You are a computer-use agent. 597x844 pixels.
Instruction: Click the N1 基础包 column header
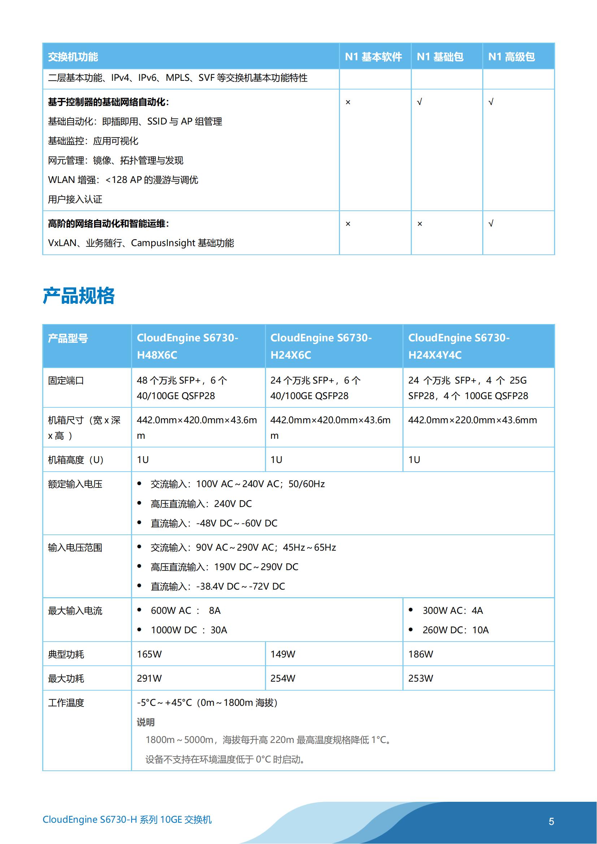440,57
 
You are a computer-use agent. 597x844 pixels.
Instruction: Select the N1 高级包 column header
511,57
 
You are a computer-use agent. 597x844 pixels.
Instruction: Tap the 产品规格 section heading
79,296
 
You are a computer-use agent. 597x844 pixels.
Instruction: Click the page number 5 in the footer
551,821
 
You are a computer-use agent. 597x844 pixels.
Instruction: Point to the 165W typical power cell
149,654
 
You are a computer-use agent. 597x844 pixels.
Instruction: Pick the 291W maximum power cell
149,678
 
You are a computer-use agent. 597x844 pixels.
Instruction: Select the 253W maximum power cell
420,678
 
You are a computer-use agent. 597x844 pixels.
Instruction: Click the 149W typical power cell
283,654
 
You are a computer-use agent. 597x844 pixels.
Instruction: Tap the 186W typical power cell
420,654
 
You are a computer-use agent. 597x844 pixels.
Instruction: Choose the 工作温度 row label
66,703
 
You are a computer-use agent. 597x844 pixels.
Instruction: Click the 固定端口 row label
66,380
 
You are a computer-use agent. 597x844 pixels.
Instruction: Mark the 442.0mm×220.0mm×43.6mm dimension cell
472,420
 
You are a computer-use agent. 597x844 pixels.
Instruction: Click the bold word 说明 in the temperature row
145,722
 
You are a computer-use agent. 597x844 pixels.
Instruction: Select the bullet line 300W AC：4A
453,611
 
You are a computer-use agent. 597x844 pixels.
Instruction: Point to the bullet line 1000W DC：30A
189,630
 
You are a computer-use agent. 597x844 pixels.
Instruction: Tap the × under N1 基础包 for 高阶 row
420,223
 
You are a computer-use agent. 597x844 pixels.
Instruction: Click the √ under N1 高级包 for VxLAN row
491,223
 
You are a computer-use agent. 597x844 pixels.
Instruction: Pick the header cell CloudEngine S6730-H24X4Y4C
459,346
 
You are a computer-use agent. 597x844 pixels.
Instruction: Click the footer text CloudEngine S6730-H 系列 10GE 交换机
127,819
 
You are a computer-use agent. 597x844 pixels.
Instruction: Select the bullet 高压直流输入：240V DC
201,504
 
